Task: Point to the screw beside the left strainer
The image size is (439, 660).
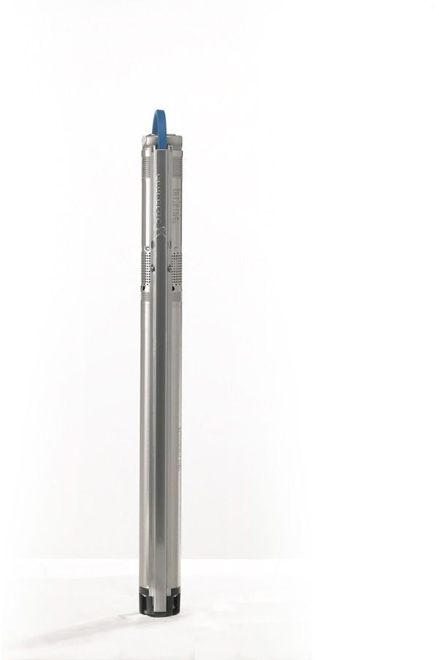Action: coord(153,269)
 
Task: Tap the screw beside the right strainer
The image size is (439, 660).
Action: coord(170,269)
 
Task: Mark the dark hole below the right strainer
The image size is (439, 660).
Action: coord(173,288)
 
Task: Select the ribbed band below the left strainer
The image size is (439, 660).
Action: coord(145,296)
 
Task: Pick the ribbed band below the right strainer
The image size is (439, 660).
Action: coord(177,296)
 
